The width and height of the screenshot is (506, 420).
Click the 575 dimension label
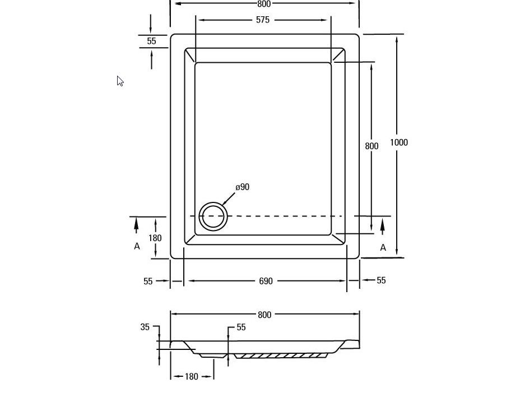point(263,20)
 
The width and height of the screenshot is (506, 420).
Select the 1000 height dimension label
point(399,142)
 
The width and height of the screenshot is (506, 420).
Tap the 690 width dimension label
point(266,281)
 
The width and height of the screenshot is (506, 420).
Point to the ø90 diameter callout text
point(243,187)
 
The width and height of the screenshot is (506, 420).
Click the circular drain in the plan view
point(213,216)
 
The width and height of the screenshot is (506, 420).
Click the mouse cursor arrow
point(120,81)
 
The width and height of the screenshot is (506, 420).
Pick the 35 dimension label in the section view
point(145,327)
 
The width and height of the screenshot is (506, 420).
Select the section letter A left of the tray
point(137,246)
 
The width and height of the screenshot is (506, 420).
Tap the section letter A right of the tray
point(383,247)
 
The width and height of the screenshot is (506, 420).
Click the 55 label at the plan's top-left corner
point(151,41)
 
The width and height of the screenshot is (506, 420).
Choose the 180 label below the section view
point(192,377)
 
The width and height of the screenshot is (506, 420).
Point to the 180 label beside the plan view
point(155,238)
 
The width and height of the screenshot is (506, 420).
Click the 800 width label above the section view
point(264,315)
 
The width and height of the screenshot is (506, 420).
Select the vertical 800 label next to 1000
point(372,146)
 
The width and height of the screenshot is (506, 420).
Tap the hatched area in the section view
point(280,356)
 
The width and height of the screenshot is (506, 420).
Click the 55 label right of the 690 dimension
point(381,280)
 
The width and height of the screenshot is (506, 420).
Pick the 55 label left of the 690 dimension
point(148,281)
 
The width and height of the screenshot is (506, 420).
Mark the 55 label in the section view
point(241,327)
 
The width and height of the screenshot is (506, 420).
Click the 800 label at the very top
point(264,4)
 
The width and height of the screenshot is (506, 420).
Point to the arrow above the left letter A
point(136,225)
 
